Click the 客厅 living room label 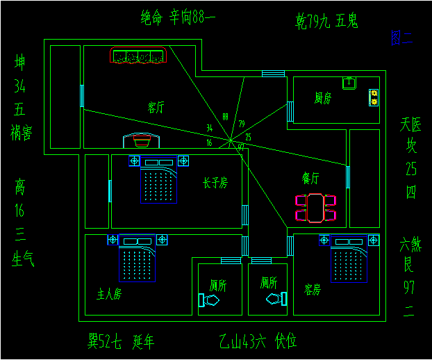click(156, 108)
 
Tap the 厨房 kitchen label click(323, 98)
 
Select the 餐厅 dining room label click(310, 179)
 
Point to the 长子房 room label click(215, 183)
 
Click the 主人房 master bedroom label click(109, 294)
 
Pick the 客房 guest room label click(313, 289)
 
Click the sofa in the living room click(139, 56)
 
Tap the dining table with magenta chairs click(316, 208)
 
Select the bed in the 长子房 click(159, 181)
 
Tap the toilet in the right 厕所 click(277, 300)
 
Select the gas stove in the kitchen click(374, 97)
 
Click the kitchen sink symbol click(349, 83)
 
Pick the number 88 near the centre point click(225, 116)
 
